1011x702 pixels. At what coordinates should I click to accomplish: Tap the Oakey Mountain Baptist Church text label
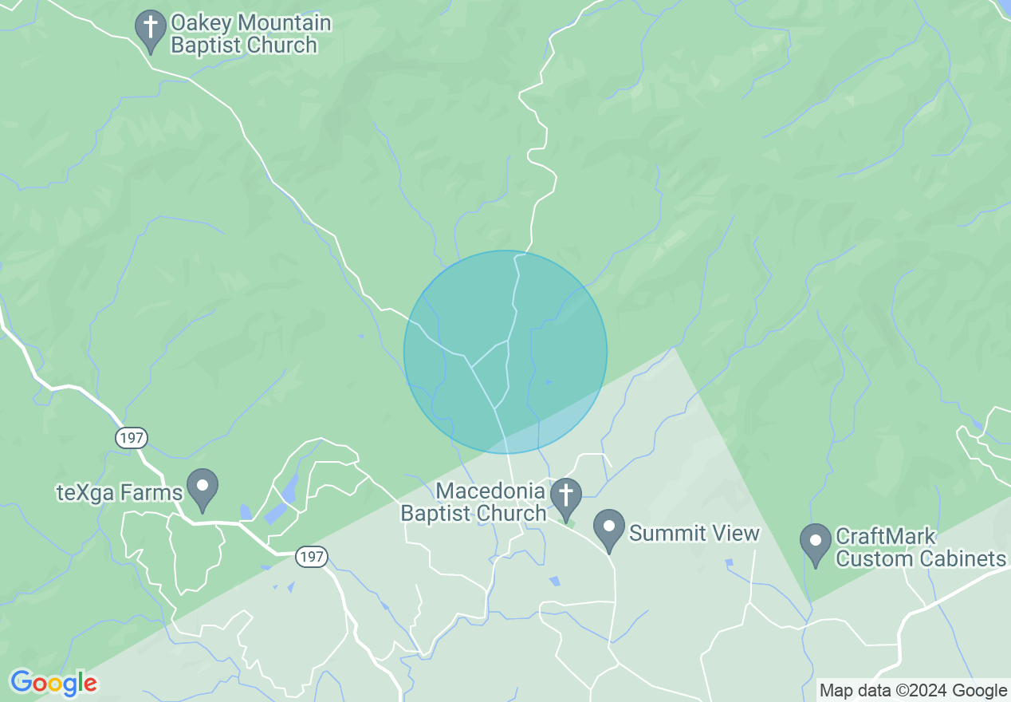250,34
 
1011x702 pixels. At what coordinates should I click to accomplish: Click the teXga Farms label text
120,492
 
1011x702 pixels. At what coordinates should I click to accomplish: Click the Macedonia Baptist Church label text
473,501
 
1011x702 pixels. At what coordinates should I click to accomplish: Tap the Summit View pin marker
610,530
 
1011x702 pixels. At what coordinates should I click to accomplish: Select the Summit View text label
694,532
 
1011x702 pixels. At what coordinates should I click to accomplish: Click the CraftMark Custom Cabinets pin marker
815,543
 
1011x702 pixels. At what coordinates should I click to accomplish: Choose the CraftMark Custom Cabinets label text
920,547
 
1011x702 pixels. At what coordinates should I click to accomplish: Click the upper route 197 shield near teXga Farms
131,437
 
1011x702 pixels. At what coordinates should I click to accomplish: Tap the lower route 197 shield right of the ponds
313,557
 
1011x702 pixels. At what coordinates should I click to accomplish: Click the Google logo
53,683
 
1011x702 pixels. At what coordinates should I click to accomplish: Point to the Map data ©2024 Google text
913,690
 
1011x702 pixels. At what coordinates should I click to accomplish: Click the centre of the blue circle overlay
505,352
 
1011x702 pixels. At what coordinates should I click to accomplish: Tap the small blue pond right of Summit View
729,562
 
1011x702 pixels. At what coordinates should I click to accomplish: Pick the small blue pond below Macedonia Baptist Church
554,581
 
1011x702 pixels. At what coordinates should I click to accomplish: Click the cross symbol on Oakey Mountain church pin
150,26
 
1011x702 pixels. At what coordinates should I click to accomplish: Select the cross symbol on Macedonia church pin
566,494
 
